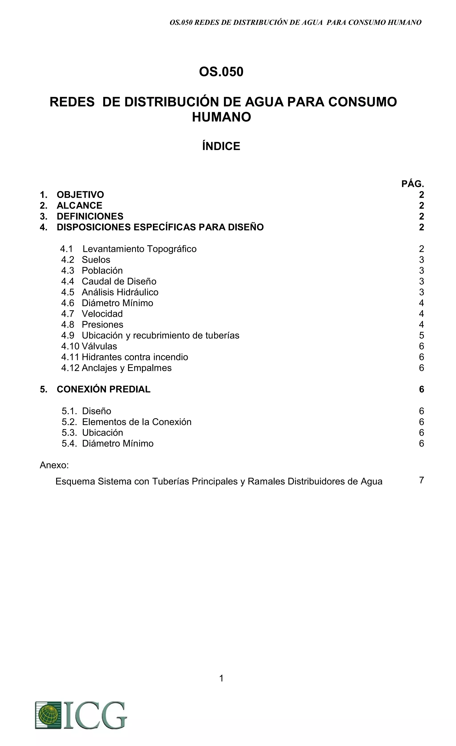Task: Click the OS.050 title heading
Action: [221, 72]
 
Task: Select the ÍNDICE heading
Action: [221, 146]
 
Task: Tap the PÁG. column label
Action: [412, 184]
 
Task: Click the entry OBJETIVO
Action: [80, 195]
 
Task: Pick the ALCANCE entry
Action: [79, 206]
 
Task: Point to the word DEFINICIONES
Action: [90, 216]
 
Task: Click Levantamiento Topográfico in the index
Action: [139, 249]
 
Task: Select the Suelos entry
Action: [96, 260]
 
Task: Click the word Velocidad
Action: [102, 314]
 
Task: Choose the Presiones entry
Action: [102, 325]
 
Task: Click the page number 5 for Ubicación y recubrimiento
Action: [421, 336]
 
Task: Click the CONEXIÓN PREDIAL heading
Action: [103, 389]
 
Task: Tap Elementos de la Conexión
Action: [137, 422]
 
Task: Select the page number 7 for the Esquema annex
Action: [421, 480]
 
